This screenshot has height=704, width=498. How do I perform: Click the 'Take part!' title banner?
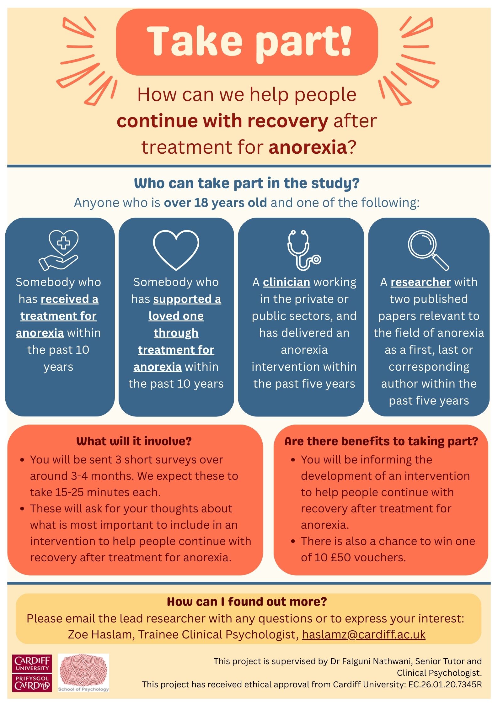tap(247, 42)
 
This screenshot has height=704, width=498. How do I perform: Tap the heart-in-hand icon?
tap(59, 250)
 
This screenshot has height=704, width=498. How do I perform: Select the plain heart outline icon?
tap(176, 250)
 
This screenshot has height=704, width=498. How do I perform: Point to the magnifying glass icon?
tap(429, 250)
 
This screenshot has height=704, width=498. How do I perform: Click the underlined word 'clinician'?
tap(286, 282)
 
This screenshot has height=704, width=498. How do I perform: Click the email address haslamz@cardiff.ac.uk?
tap(364, 634)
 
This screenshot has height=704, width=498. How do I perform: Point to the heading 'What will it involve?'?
tap(134, 441)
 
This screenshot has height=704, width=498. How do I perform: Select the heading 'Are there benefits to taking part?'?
tap(381, 441)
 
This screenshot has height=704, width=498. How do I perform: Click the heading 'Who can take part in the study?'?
tap(247, 183)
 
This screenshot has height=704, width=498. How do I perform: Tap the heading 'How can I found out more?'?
tap(247, 601)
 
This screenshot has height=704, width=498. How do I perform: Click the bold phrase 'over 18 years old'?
tap(215, 203)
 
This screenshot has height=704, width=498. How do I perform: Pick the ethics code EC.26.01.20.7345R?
tap(445, 684)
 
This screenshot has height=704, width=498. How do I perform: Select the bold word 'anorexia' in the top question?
tap(308, 147)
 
